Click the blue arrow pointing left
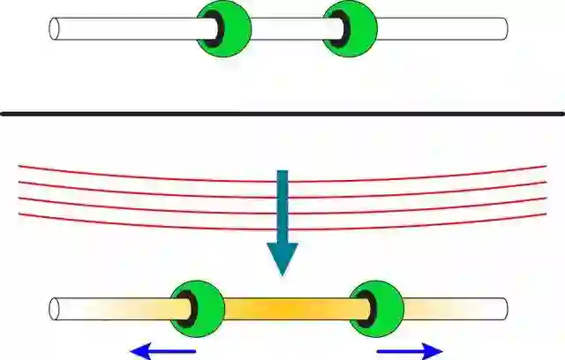pyautogui.click(x=163, y=352)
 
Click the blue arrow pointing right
pyautogui.click(x=410, y=351)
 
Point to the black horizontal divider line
pyautogui.click(x=282, y=113)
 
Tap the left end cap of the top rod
pyautogui.click(x=56, y=28)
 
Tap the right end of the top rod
pyautogui.click(x=504, y=28)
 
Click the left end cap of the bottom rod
pyautogui.click(x=56, y=309)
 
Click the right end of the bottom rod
pyautogui.click(x=504, y=309)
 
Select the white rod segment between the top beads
pyautogui.click(x=287, y=28)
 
